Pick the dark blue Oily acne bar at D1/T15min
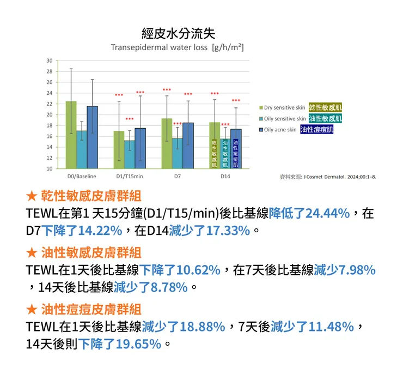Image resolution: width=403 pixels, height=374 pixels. [140, 148]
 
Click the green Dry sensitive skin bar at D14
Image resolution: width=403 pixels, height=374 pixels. [215, 145]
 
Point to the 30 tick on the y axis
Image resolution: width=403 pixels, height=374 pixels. [50, 61]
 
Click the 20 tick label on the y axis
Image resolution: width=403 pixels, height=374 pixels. [50, 114]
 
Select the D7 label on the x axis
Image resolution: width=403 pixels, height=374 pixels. [178, 177]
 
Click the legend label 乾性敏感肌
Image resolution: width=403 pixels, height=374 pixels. [326, 107]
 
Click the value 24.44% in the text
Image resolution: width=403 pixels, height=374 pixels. [328, 213]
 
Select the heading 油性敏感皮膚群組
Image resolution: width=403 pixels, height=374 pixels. [91, 253]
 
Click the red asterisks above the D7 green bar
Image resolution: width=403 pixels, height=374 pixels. [167, 90]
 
